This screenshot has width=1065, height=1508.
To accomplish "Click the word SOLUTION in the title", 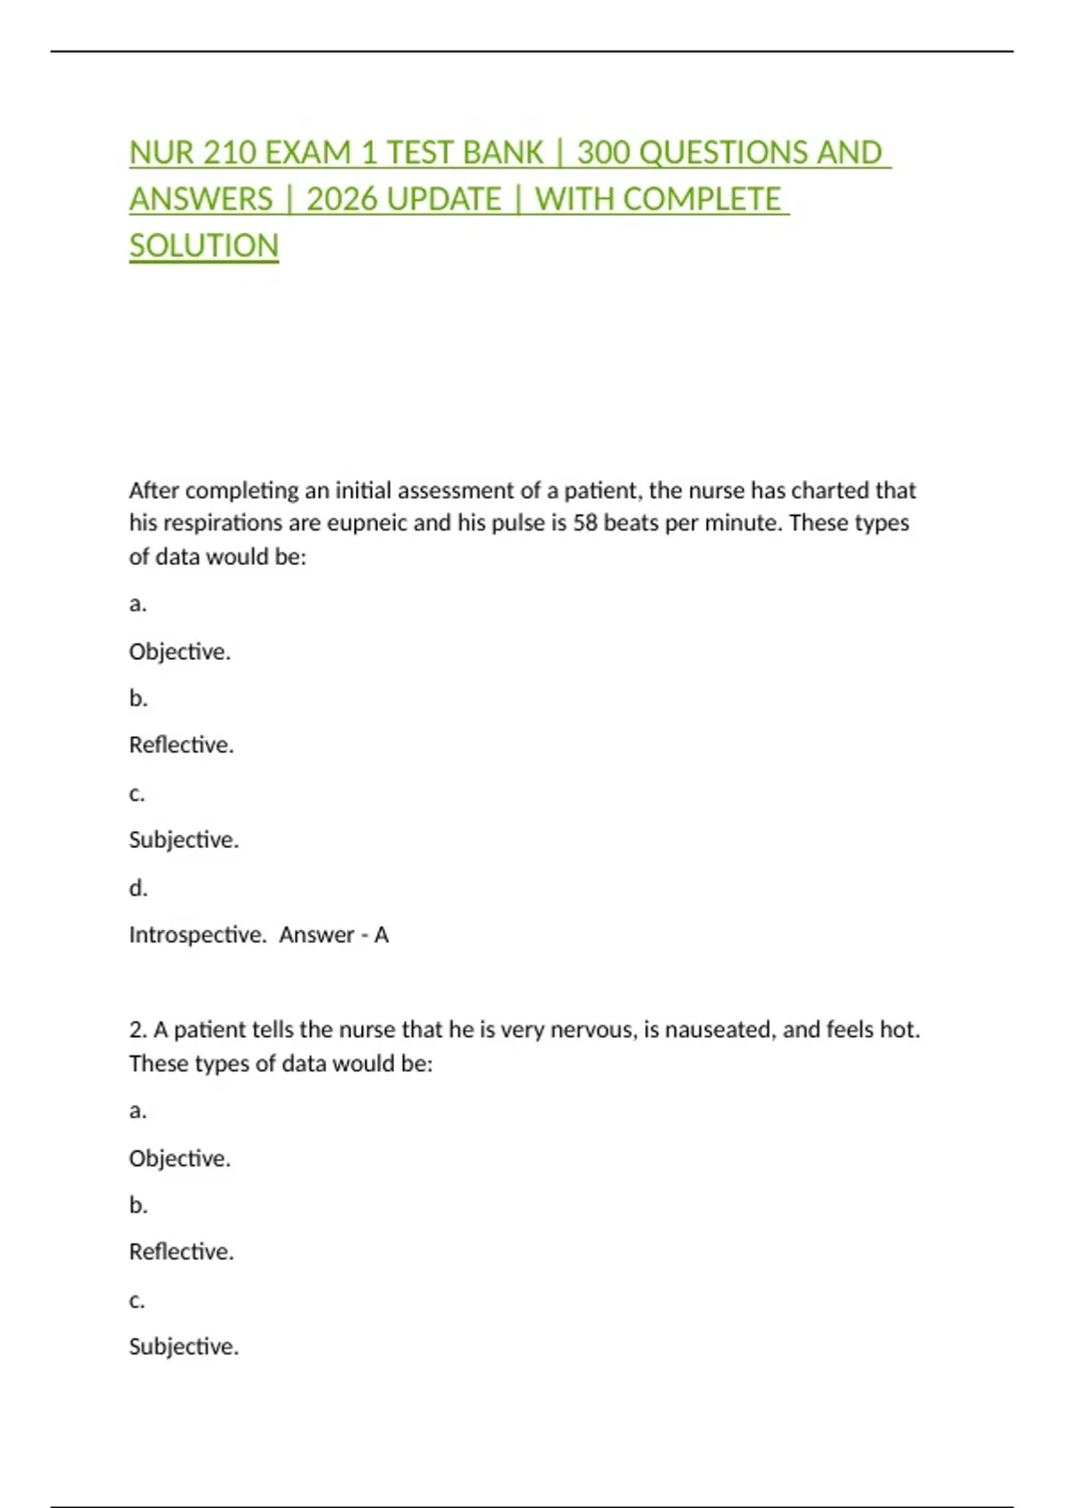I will [204, 246].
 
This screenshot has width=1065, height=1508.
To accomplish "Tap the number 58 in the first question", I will [585, 523].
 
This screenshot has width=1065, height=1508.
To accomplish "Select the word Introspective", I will [197, 935].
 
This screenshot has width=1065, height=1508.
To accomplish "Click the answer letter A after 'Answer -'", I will [382, 935].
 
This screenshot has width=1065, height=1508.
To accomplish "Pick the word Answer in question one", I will [317, 935].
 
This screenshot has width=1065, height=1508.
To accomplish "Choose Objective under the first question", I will [179, 652].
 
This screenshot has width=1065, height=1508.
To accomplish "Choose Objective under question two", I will [179, 1158].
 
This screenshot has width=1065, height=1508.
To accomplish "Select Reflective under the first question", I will [181, 745].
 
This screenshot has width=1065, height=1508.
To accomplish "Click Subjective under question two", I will [184, 1347].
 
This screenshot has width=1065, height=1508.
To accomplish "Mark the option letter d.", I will [138, 888].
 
